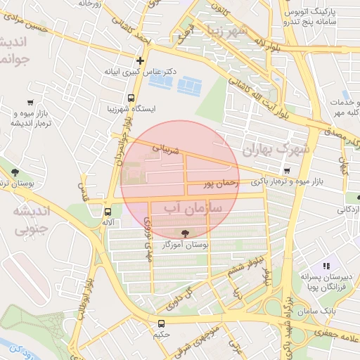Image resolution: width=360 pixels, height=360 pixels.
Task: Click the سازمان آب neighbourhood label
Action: (x=193, y=209)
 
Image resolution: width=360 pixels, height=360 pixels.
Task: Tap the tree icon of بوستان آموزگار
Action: (x=185, y=233)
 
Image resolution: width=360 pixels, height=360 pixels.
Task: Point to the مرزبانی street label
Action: (x=167, y=150)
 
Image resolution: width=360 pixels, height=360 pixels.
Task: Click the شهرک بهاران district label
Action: (x=274, y=150)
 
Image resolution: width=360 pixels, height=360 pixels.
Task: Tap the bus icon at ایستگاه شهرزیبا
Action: (x=131, y=98)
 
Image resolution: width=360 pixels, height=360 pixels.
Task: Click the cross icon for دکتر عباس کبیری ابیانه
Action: (x=141, y=61)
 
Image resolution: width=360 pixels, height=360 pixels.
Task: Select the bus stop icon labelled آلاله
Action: (x=108, y=211)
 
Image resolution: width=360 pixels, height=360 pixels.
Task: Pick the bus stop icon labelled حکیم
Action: (x=162, y=323)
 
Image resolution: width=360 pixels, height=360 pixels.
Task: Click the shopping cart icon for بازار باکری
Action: (x=286, y=171)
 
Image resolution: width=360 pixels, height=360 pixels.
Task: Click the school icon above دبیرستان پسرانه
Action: (x=326, y=266)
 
